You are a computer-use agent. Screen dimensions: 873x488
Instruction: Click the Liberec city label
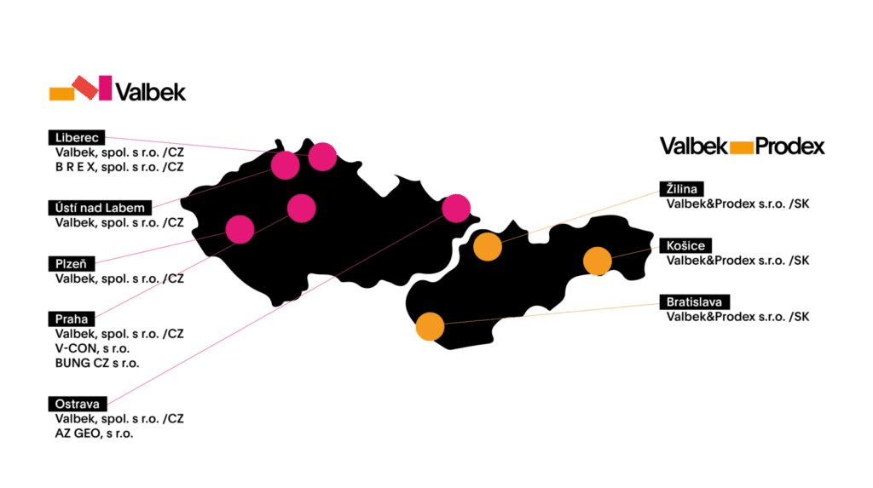pyautogui.click(x=76, y=137)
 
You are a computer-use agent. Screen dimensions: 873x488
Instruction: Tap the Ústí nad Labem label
pyautogui.click(x=100, y=208)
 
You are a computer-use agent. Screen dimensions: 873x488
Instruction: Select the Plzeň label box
pyautogui.click(x=72, y=264)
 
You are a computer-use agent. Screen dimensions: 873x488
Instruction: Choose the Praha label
pyautogui.click(x=72, y=319)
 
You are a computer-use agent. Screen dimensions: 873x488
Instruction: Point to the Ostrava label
pyautogui.click(x=78, y=404)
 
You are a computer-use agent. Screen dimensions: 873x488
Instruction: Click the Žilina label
pyautogui.click(x=681, y=188)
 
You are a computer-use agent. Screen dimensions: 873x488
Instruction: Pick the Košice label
pyautogui.click(x=685, y=245)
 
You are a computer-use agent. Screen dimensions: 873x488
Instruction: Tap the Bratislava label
pyautogui.click(x=694, y=301)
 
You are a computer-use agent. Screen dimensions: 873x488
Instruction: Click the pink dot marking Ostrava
pyautogui.click(x=456, y=208)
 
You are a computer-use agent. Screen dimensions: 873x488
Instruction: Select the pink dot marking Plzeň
pyautogui.click(x=240, y=229)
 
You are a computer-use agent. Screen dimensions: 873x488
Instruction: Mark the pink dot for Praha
pyautogui.click(x=302, y=208)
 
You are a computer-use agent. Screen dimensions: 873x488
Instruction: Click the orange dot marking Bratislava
pyautogui.click(x=430, y=327)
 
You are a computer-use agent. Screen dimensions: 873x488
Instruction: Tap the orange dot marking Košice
pyautogui.click(x=598, y=261)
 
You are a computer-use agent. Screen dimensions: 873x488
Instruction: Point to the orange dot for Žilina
pyautogui.click(x=488, y=246)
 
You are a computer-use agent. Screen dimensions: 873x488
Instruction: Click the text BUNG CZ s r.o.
pyautogui.click(x=97, y=364)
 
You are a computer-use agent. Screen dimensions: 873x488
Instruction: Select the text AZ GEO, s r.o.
pyautogui.click(x=94, y=433)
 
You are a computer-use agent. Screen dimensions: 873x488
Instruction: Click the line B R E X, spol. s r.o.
pyautogui.click(x=119, y=167)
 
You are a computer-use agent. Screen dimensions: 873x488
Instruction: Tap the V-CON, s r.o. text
pyautogui.click(x=92, y=348)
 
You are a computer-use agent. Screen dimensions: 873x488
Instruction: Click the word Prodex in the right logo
pyautogui.click(x=789, y=146)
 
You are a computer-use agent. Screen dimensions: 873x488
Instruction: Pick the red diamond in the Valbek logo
pyautogui.click(x=85, y=88)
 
